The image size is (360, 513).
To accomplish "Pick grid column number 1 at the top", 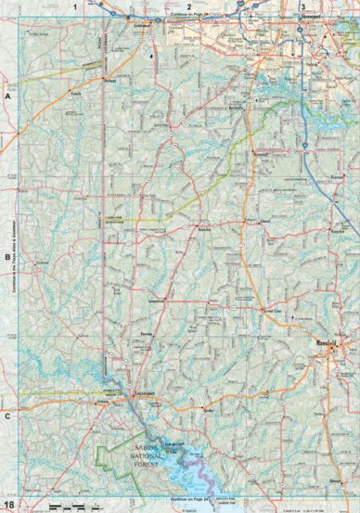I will [x=75, y=6].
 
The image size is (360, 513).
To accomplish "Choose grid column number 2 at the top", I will [x=189, y=6].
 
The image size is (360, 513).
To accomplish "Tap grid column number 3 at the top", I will [x=303, y=6].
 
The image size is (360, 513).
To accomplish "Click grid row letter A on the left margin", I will [x=8, y=96].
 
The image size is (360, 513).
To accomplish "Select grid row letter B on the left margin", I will [x=8, y=257].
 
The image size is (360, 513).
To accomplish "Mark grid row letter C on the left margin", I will [x=8, y=416].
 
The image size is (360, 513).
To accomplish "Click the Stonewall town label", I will [x=261, y=153].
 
